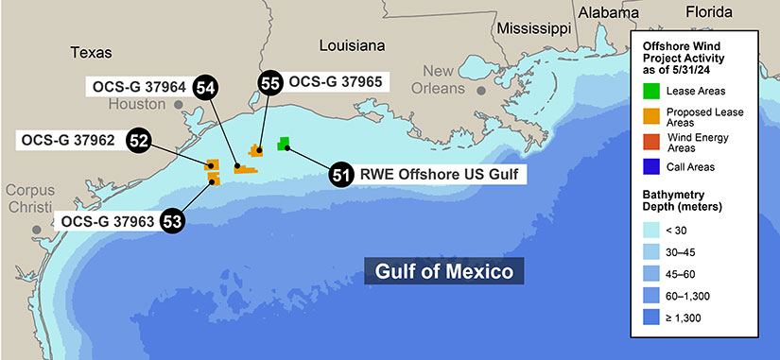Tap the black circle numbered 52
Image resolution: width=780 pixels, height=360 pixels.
pyautogui.click(x=139, y=141)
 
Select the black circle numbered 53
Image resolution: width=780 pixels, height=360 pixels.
pyautogui.click(x=172, y=221)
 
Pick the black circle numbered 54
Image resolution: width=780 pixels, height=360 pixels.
pyautogui.click(x=204, y=87)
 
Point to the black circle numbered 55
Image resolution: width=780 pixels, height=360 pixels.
pyautogui.click(x=269, y=83)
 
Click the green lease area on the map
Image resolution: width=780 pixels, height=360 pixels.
pyautogui.click(x=283, y=144)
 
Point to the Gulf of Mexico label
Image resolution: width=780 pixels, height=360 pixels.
pyautogui.click(x=443, y=272)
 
